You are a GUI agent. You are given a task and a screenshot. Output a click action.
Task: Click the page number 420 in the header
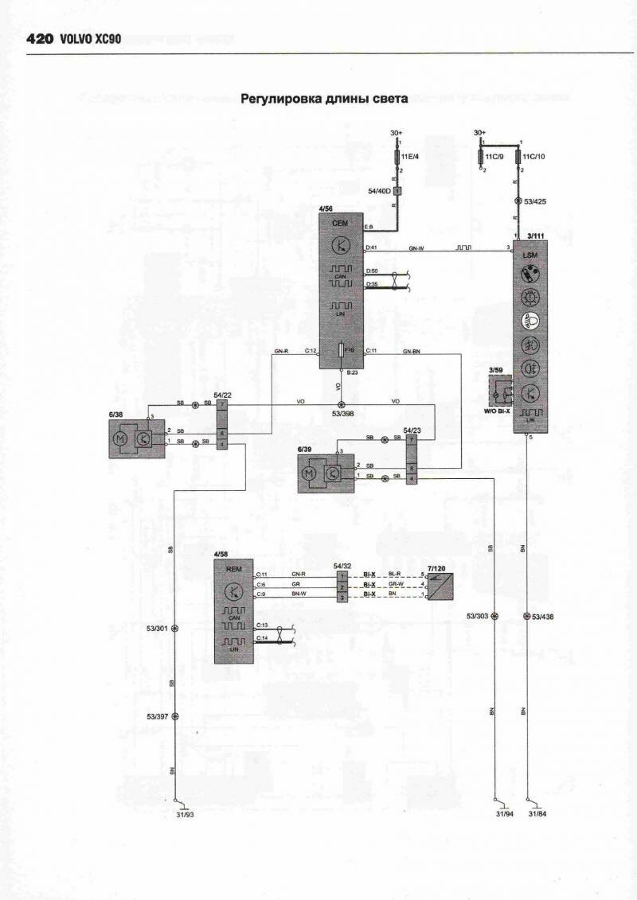click(x=40, y=37)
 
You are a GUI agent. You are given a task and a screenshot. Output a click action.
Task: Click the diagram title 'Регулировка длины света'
click(x=324, y=99)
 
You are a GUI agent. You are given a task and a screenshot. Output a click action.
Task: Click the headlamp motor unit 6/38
click(x=136, y=438)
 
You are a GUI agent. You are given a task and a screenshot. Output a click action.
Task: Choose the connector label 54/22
click(x=223, y=395)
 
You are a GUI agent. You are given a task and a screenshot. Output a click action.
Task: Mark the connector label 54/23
click(x=412, y=430)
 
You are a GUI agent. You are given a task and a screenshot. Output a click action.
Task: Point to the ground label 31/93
click(x=184, y=814)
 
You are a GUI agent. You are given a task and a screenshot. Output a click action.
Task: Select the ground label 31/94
click(x=504, y=814)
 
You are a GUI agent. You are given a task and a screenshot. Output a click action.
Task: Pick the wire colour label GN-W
click(x=416, y=248)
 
